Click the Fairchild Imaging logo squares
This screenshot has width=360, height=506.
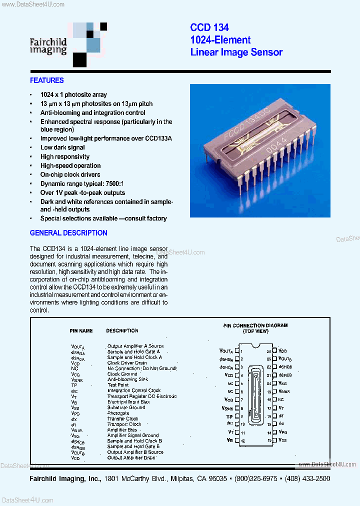pos(89,43)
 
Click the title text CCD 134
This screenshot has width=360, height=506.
pos(209,28)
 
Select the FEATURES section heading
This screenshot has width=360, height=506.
pos(47,80)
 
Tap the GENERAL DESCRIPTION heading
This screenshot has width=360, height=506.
pos(68,233)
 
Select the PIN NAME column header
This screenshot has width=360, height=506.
pos(81,330)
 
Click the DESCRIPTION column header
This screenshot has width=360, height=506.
pos(122,330)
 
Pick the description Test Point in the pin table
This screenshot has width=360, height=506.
pos(118,385)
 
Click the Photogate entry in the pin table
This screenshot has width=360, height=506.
pos(118,413)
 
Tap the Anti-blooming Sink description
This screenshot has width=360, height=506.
pos(128,379)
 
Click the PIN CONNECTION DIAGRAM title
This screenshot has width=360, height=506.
pos(255,325)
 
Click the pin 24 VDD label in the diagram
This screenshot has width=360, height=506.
pos(283,350)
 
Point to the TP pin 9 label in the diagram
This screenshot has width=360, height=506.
pos(229,416)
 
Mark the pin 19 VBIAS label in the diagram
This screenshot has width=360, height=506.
pos(284,391)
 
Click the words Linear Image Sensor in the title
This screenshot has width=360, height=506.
pos(236,52)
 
